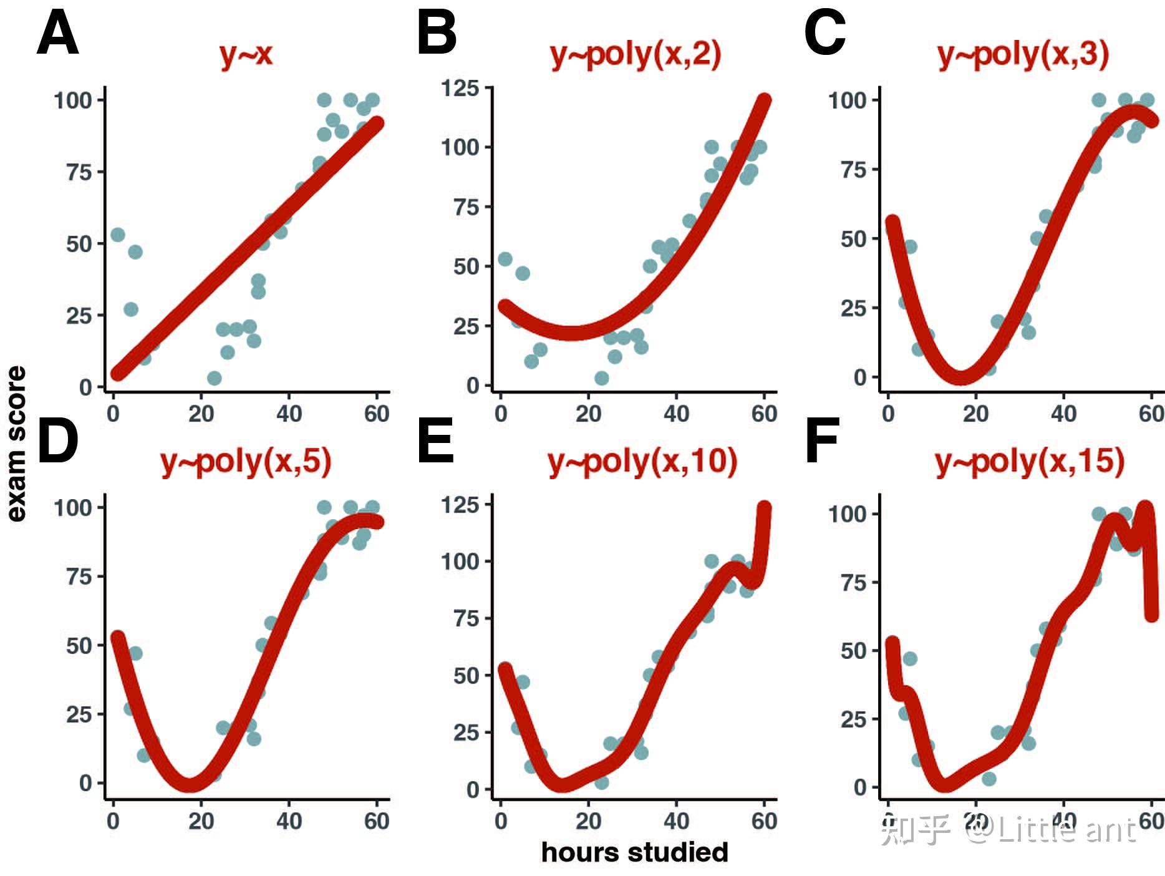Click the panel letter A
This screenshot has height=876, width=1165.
57,35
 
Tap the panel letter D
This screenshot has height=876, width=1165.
57,441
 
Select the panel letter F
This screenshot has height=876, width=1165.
821,441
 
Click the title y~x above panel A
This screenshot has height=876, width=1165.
246,54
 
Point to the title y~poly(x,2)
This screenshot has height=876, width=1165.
636,54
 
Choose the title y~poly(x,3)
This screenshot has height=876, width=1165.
1023,54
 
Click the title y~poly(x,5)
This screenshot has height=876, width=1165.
246,462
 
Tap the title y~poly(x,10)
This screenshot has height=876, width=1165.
642,462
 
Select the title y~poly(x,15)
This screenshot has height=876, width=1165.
1030,462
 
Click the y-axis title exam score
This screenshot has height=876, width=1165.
17,443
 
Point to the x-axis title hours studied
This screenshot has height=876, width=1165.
634,852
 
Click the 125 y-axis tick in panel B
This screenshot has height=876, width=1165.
460,89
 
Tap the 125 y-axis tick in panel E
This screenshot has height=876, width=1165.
460,504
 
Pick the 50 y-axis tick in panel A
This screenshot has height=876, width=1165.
79,244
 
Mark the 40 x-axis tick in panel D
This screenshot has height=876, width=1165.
289,820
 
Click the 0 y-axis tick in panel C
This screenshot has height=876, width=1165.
860,377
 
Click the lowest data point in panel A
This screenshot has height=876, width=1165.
214,378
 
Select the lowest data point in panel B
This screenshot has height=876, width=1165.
601,378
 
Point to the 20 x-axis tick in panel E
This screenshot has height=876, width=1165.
588,820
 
